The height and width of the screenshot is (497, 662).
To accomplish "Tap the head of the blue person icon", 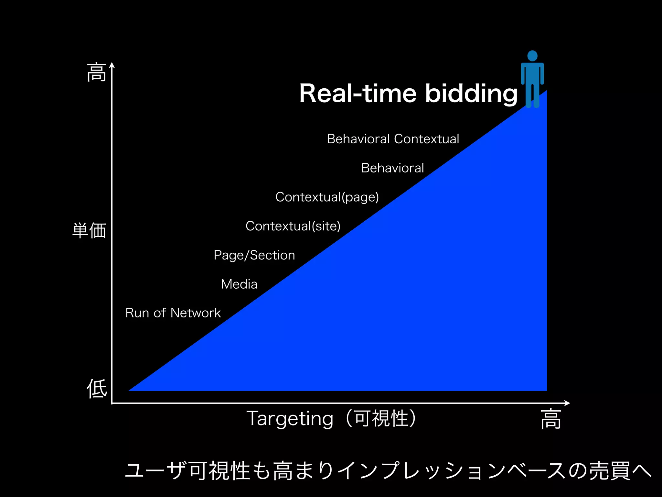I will click(532, 56).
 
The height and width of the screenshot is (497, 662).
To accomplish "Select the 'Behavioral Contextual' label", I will click(393, 139).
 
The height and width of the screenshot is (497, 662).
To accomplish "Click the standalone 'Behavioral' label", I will click(392, 168).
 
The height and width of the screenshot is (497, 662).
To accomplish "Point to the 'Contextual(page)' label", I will click(327, 197).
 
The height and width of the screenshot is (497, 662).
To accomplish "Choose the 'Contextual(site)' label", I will click(293, 226).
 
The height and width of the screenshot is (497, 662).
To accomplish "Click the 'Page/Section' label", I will click(254, 255).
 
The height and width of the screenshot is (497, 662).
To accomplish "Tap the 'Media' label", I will click(239, 284).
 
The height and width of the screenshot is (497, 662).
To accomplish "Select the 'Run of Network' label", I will click(173, 313).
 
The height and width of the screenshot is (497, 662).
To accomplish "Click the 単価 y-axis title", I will click(89, 230).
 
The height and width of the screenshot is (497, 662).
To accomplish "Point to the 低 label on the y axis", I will click(97, 388).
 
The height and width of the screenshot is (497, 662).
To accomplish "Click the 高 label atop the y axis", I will click(96, 72).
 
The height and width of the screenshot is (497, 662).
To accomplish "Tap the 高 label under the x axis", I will click(551, 419).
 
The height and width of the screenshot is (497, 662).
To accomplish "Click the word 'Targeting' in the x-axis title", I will click(290, 419).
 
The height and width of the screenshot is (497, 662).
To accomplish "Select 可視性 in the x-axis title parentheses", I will click(381, 418).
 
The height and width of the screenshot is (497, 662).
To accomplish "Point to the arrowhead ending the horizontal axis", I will click(567, 403).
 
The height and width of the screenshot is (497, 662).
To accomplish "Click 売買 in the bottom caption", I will click(610, 471).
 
